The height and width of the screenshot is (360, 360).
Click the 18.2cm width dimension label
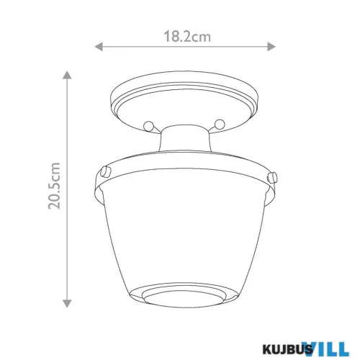click(187, 37)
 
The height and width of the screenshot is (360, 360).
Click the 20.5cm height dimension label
click(54, 186)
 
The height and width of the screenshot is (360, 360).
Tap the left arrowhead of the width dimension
click(99, 46)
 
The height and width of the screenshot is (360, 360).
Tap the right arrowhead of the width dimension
click(271, 46)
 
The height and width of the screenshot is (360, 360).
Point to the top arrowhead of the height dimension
click(67, 75)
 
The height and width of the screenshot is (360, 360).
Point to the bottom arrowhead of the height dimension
click(67, 303)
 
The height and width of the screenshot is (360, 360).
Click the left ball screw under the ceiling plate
click(149, 126)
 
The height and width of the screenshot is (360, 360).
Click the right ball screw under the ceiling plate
click(220, 124)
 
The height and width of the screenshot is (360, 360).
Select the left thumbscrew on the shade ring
click(106, 172)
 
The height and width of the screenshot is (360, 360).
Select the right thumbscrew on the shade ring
click(272, 177)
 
